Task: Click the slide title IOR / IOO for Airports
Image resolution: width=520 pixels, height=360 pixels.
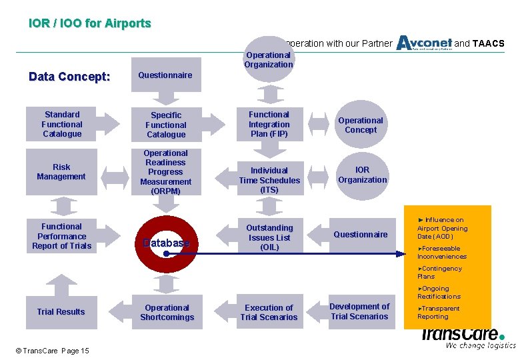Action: tap(90, 23)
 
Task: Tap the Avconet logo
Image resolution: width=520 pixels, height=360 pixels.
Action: tap(424, 43)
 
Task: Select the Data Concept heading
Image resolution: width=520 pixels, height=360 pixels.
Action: tap(69, 77)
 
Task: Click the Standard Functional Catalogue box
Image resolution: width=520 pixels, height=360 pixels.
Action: tap(62, 125)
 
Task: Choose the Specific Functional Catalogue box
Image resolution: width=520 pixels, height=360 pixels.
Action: tap(166, 125)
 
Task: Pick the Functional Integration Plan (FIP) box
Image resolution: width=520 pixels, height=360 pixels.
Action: tap(269, 125)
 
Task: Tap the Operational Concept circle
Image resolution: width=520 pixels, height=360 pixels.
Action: tap(361, 125)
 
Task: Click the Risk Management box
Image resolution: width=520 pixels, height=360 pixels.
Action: tap(61, 172)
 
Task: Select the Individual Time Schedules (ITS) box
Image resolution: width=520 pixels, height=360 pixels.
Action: tap(269, 179)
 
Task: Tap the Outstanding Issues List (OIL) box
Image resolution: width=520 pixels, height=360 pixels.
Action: tap(269, 237)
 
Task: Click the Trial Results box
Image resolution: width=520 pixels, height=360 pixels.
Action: tap(61, 311)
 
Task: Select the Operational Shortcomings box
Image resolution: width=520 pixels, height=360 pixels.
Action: tap(167, 312)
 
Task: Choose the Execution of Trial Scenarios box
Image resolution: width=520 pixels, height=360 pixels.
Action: tap(269, 312)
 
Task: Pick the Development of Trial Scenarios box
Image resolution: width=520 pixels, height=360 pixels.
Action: tap(359, 311)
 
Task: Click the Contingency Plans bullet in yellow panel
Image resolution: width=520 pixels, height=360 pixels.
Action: tap(439, 272)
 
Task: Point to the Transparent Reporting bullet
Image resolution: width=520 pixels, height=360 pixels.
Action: tap(438, 312)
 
